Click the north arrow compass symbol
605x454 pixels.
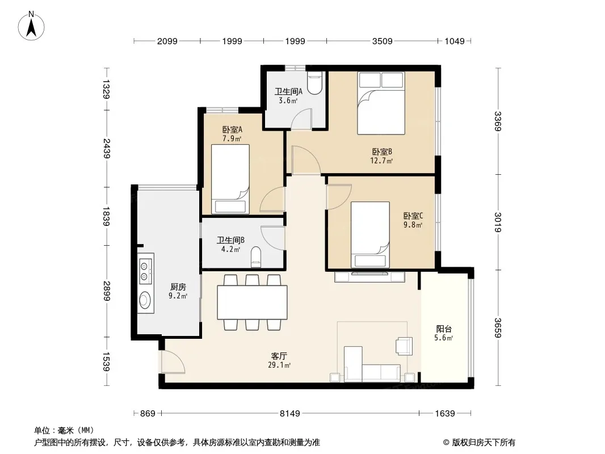point(31,26)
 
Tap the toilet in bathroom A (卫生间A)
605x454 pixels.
point(315,83)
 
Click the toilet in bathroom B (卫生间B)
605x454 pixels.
point(256,257)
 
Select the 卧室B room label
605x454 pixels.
point(382,152)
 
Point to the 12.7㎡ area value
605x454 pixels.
point(381,161)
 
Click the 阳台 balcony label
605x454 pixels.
point(444,329)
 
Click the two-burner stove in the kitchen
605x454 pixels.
point(145,271)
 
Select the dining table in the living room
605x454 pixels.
point(253,302)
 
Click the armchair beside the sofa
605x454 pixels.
point(404,346)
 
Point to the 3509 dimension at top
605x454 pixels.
point(382,41)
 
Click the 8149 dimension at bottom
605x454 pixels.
point(290,414)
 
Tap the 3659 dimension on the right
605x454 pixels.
point(498,328)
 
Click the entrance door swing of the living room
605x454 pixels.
point(172,362)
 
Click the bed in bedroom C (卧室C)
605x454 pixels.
point(370,234)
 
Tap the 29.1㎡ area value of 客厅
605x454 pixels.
point(279,365)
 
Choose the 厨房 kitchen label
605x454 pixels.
point(178,287)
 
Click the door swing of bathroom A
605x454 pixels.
point(301,119)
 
